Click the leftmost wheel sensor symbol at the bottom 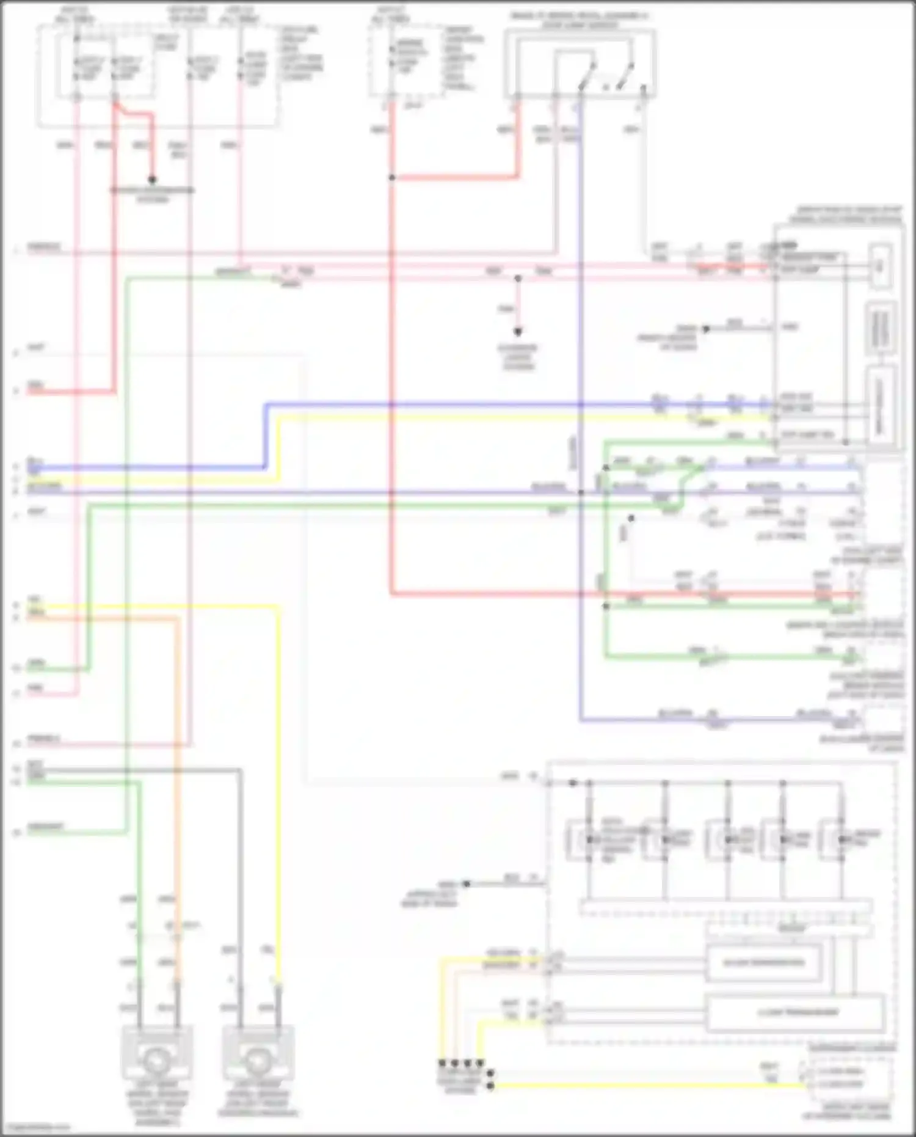158,1061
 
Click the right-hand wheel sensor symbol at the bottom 258,1061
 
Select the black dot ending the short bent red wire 152,180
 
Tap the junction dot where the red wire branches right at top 391,178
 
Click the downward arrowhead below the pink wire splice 518,332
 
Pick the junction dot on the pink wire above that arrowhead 518,279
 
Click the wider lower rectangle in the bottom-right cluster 795,1012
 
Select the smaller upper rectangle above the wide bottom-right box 763,963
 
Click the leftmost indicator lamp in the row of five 590,840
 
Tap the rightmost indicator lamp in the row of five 843,840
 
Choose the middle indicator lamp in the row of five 727,840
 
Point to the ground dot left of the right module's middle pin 705,329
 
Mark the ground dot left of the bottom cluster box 466,883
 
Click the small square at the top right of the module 880,266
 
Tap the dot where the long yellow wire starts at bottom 490,1086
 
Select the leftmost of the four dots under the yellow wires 442,1064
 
